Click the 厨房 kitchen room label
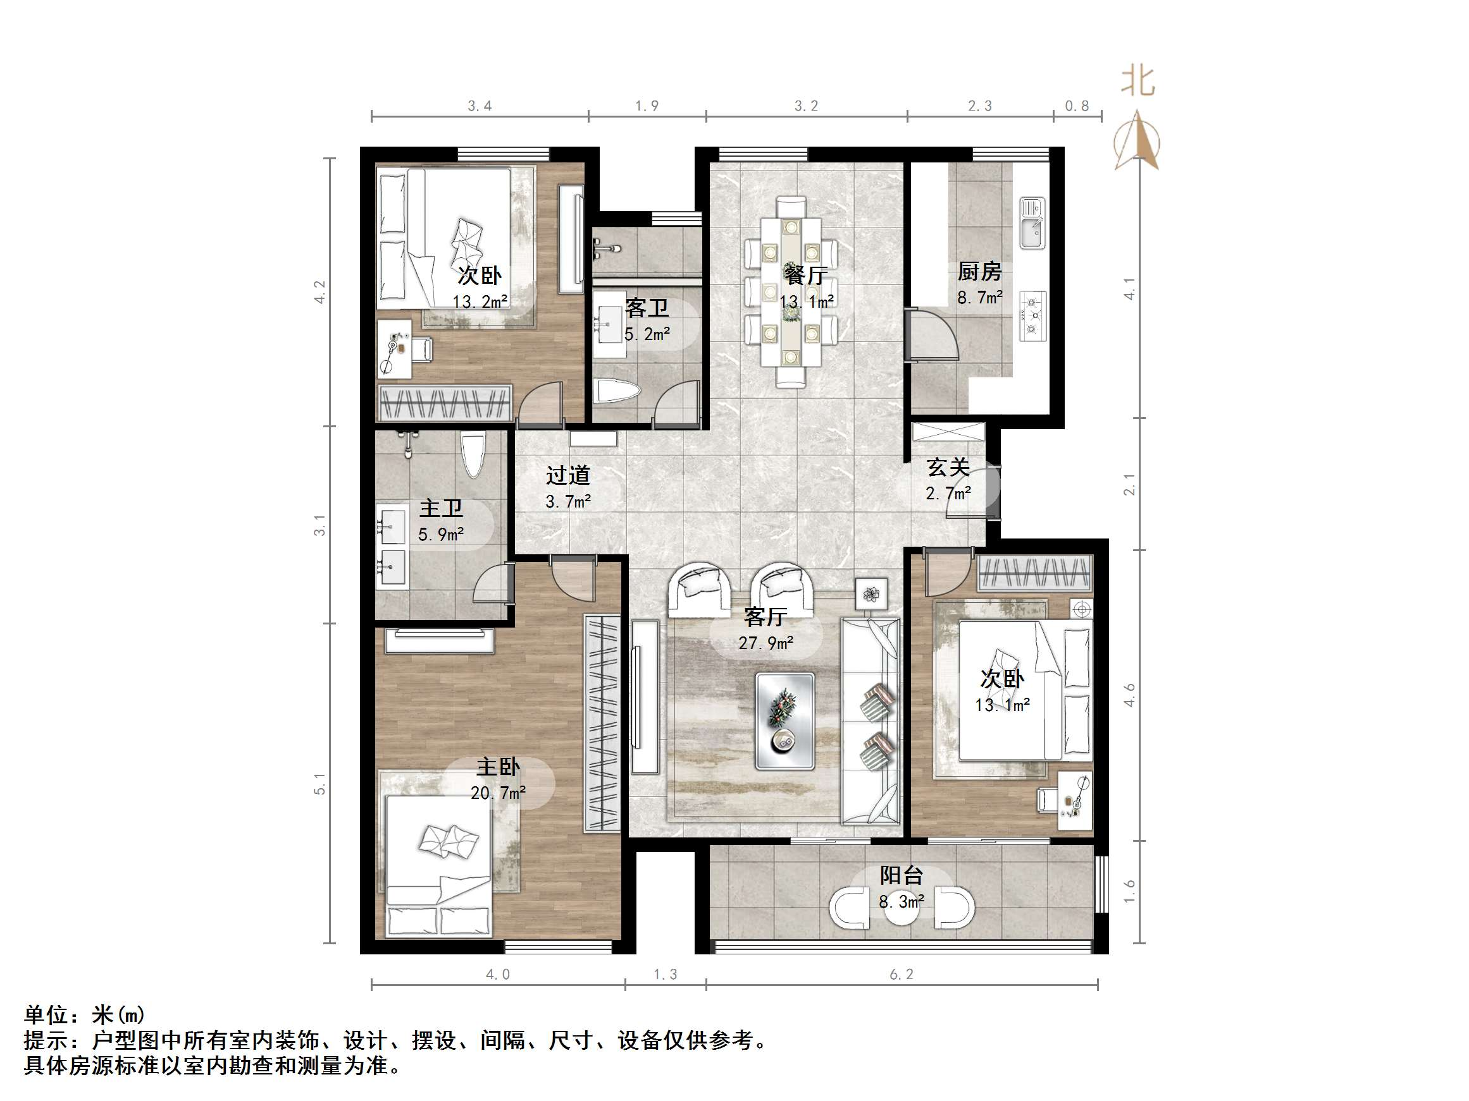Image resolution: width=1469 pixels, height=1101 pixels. pyautogui.click(x=979, y=271)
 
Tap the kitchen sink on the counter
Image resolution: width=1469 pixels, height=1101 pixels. pyautogui.click(x=1032, y=223)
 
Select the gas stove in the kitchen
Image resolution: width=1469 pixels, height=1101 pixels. pyautogui.click(x=1032, y=317)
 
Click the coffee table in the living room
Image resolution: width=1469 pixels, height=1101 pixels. pyautogui.click(x=785, y=721)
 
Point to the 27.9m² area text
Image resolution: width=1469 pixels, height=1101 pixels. pyautogui.click(x=765, y=643)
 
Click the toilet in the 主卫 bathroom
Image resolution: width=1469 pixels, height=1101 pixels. pyautogui.click(x=473, y=454)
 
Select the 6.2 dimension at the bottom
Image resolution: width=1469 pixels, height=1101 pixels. pyautogui.click(x=901, y=974)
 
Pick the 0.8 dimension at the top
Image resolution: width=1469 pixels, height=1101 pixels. pyautogui.click(x=1077, y=106)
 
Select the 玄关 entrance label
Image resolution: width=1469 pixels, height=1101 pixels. pyautogui.click(x=948, y=467)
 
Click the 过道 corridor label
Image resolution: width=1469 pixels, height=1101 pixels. pyautogui.click(x=568, y=475)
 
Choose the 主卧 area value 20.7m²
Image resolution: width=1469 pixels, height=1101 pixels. pyautogui.click(x=498, y=793)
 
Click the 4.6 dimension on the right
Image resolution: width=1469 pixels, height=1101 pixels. pyautogui.click(x=1130, y=695)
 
